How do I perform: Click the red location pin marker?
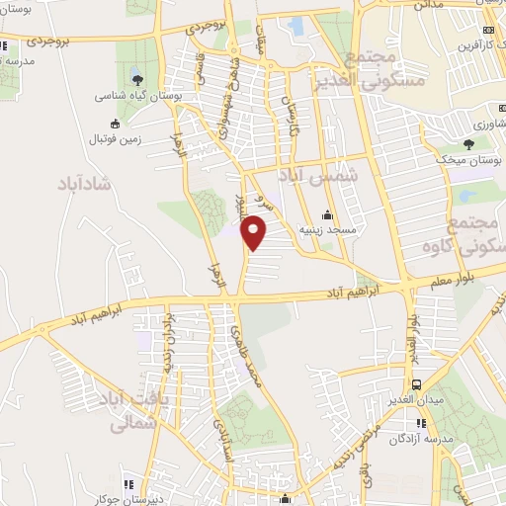tap(255, 233)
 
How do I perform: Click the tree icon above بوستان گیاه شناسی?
tap(135, 79)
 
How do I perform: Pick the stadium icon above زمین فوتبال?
tap(117, 124)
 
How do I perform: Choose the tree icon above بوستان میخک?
tap(468, 143)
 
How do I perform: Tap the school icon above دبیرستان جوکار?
tap(126, 484)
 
